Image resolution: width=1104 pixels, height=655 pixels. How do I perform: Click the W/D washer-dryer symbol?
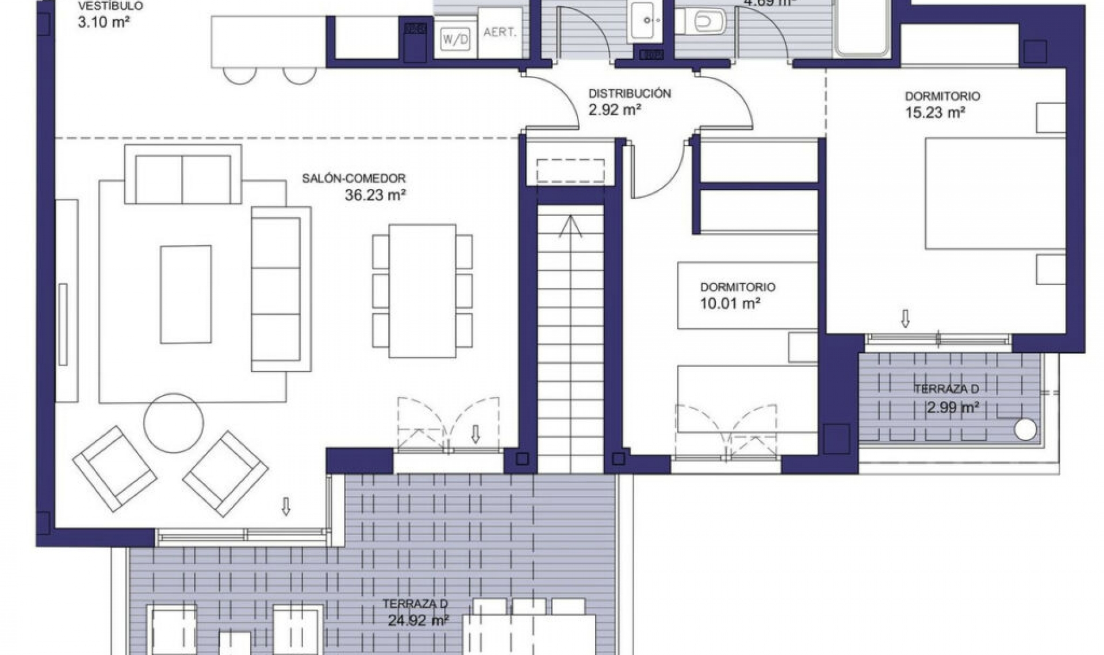point(455,40)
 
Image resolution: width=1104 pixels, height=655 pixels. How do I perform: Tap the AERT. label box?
point(500,33)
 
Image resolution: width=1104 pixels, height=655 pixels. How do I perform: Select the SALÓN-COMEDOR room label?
point(354,179)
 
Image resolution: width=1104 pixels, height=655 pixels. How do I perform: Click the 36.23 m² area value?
point(375,195)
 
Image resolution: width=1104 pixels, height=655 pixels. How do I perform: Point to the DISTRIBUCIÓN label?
point(629,94)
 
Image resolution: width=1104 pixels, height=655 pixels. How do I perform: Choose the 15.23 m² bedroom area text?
point(934,113)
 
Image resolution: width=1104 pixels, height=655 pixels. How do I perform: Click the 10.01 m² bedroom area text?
point(730,303)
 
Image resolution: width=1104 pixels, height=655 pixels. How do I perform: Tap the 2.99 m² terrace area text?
point(952,408)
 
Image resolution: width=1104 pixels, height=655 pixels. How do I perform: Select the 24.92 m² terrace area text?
point(418,621)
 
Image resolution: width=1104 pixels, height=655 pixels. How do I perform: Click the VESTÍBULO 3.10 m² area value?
point(103,23)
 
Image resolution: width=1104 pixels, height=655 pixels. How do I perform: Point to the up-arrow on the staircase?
point(570,226)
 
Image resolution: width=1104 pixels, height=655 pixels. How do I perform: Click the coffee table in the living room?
point(186,295)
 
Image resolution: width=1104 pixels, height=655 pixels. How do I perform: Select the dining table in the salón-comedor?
point(422,291)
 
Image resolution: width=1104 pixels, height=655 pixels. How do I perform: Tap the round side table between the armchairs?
point(173,422)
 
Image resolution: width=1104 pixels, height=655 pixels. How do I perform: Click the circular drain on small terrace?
point(1025,429)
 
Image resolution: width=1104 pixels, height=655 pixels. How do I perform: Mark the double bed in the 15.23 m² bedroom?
point(995,194)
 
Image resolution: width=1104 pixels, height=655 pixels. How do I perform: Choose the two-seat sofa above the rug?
point(183,175)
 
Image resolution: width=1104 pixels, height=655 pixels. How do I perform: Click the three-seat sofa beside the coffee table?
point(281,289)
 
